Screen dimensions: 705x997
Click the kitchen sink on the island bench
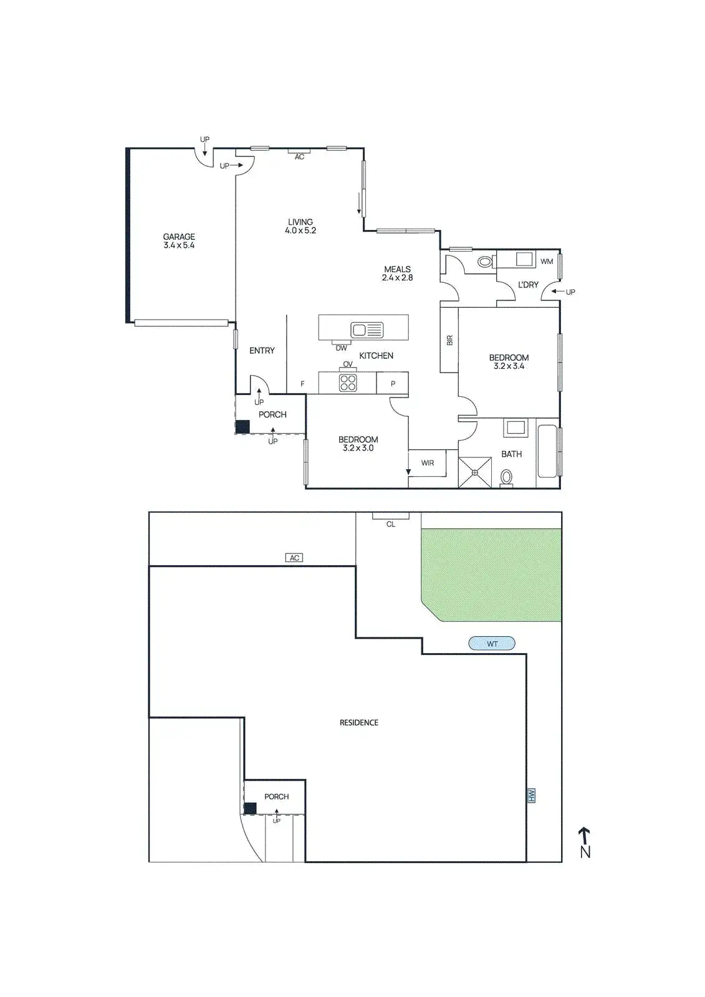(x=367, y=330)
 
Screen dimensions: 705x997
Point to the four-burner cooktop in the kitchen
(x=348, y=383)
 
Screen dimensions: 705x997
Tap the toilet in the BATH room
(x=507, y=477)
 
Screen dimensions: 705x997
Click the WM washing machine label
(x=547, y=261)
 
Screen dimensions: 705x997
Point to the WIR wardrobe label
(x=428, y=463)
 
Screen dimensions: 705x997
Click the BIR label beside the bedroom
(x=449, y=340)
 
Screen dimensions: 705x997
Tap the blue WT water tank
(x=492, y=644)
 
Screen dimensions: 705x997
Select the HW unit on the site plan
(x=532, y=795)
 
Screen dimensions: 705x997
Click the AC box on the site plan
(x=295, y=558)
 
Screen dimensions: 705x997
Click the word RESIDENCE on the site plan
(x=359, y=723)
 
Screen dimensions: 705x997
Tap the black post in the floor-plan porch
(x=242, y=427)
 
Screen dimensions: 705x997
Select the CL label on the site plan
(x=391, y=524)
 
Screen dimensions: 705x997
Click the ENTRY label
(x=262, y=351)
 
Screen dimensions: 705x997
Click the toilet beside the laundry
(x=485, y=262)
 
